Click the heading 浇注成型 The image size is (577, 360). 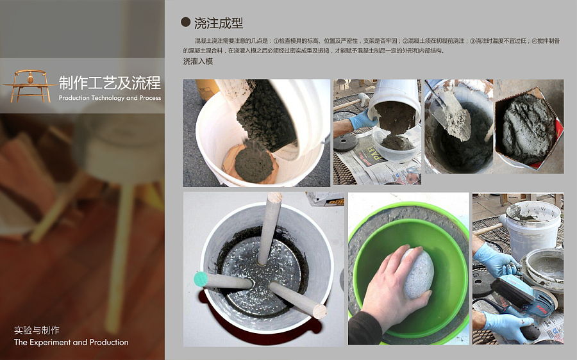(x=219, y=23)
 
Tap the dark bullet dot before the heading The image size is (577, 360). (x=185, y=22)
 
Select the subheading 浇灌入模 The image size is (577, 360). (x=197, y=61)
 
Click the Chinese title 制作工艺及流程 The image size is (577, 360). (x=110, y=83)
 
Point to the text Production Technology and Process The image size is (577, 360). (x=110, y=98)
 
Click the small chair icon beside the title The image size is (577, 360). (x=29, y=85)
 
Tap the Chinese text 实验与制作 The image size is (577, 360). (x=37, y=331)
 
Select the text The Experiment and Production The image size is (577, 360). (x=71, y=342)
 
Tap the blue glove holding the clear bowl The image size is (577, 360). (x=363, y=119)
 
